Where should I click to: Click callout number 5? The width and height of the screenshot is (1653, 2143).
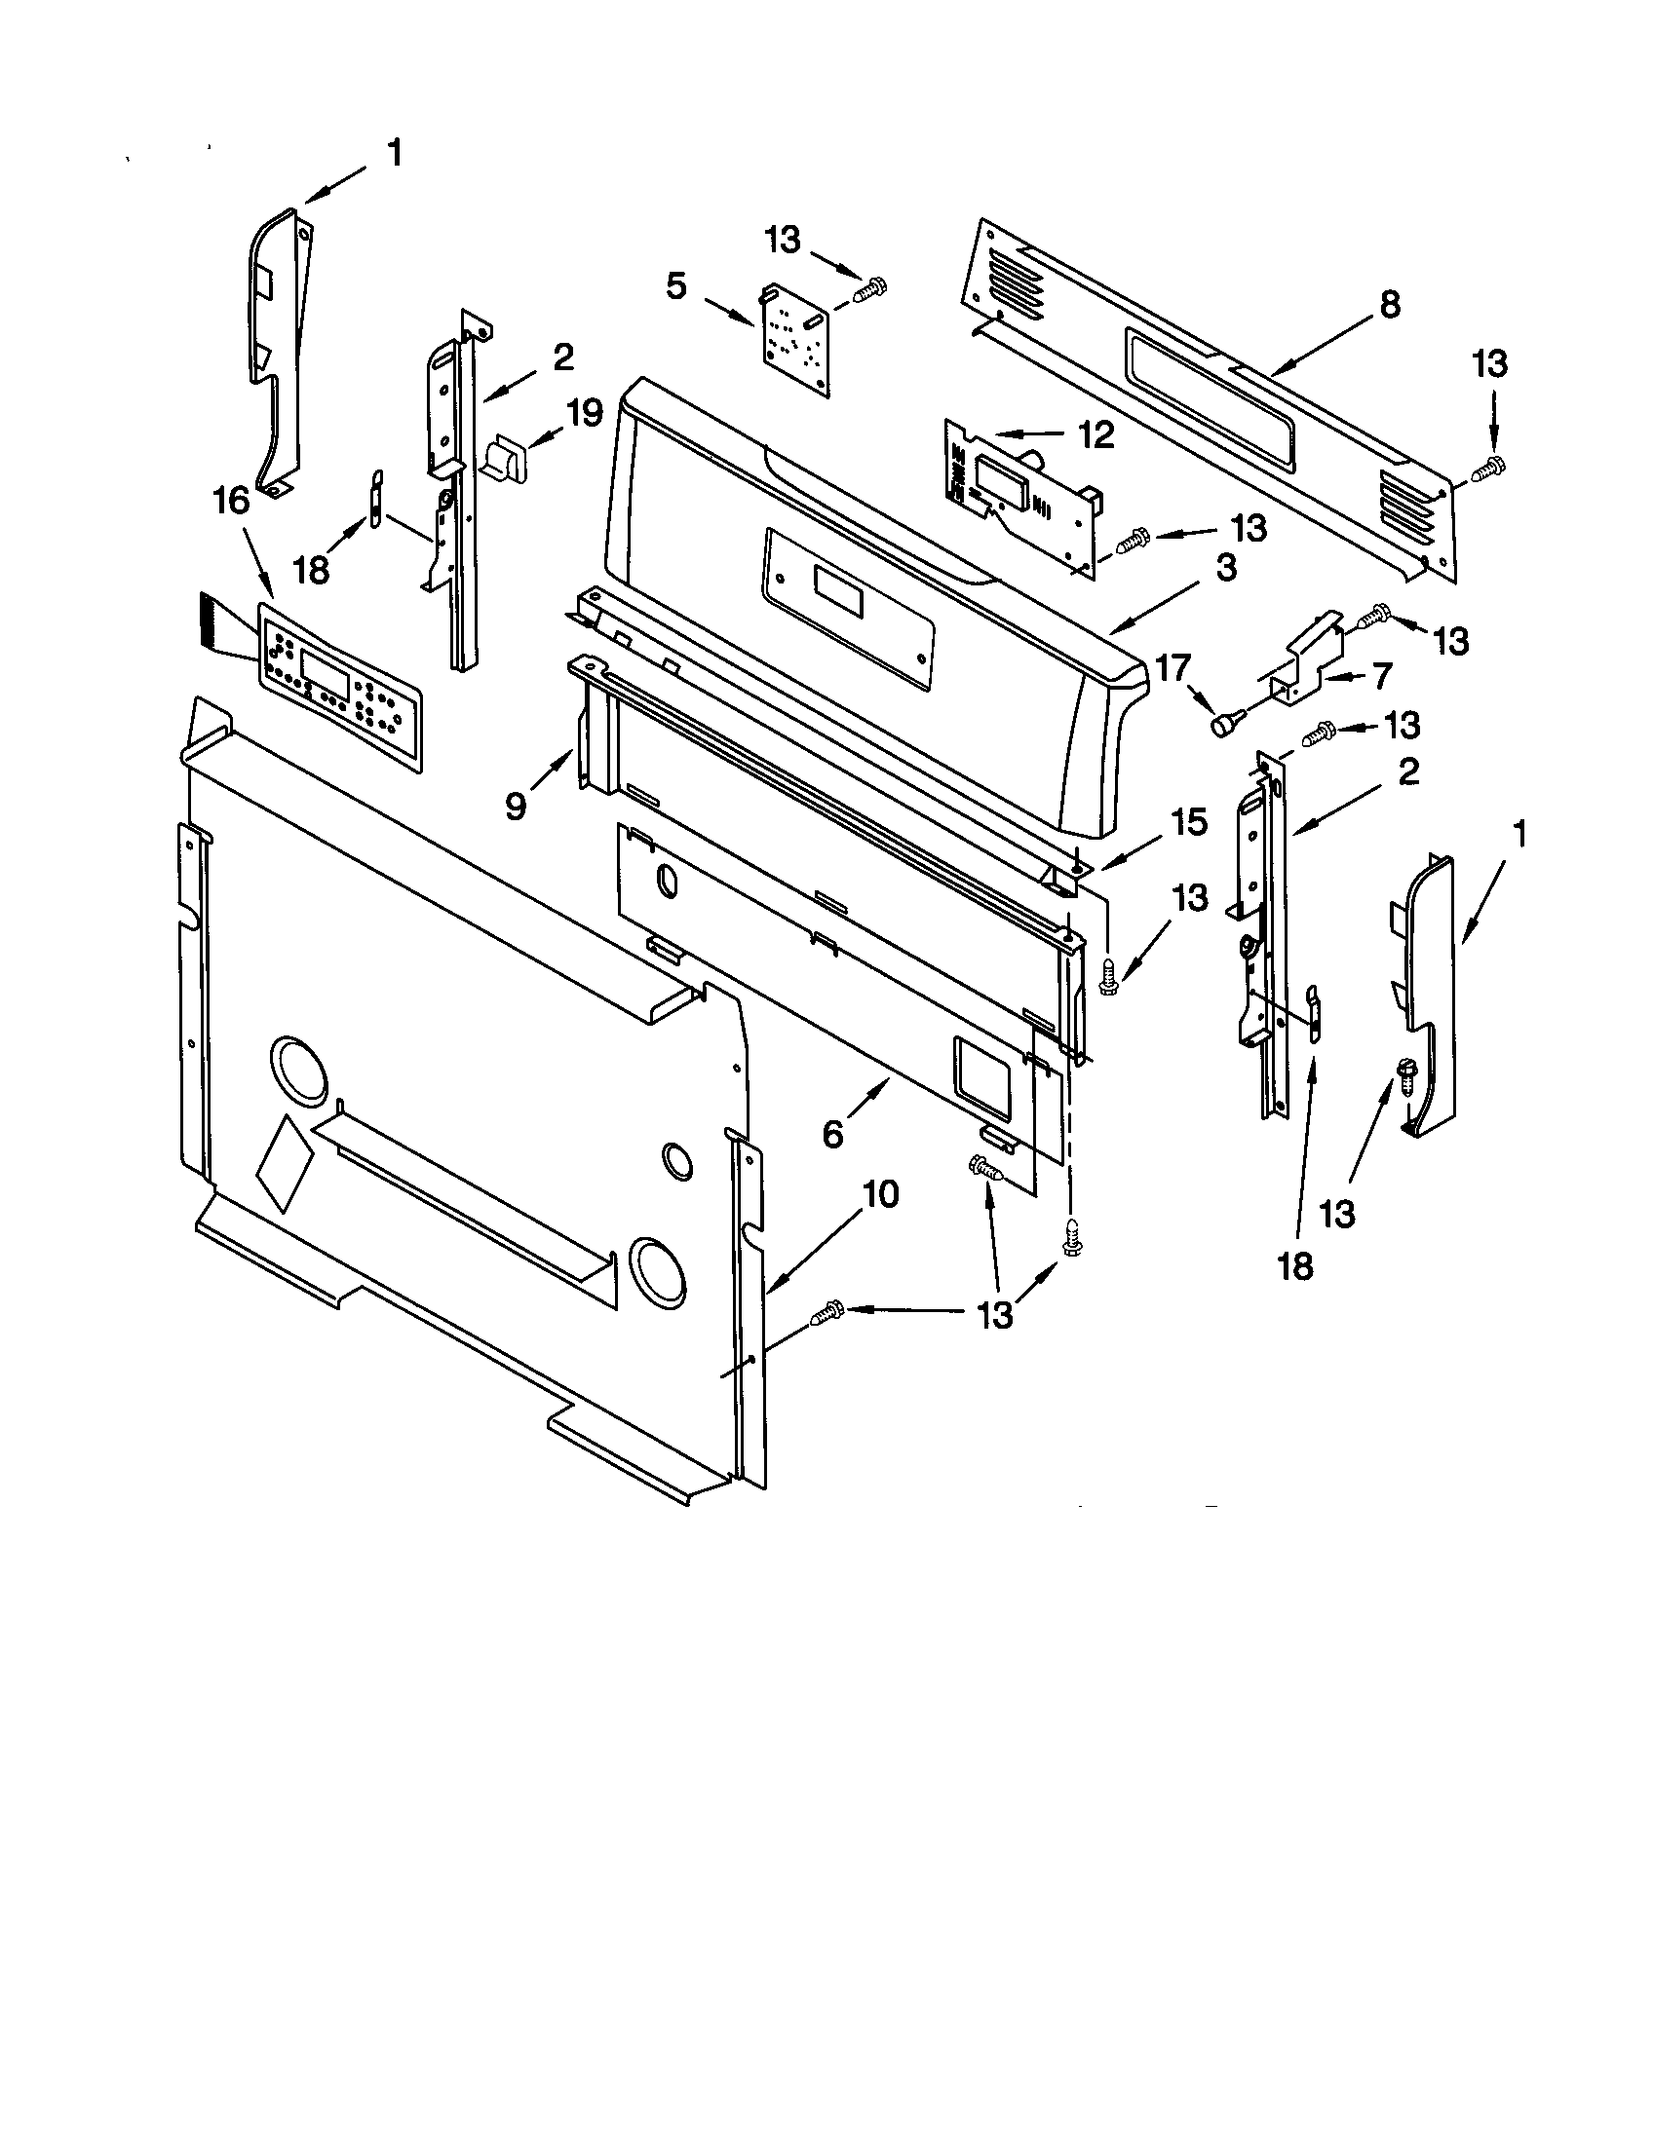click(x=676, y=285)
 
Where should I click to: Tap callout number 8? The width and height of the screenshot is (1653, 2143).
click(x=1390, y=305)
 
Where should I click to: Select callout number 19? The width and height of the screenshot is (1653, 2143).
click(x=584, y=412)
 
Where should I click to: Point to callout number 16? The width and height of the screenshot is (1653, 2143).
click(x=232, y=501)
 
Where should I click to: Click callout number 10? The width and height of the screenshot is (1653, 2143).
click(x=880, y=1194)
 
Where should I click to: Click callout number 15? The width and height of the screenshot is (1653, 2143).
click(x=1189, y=822)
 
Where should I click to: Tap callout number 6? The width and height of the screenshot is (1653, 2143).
click(x=832, y=1133)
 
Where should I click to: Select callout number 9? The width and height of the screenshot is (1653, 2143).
click(x=515, y=806)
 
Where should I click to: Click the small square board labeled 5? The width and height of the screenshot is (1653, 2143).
click(x=796, y=339)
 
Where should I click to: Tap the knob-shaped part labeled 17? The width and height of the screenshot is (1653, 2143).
click(x=1224, y=724)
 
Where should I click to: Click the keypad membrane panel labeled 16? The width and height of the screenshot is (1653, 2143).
click(x=338, y=683)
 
